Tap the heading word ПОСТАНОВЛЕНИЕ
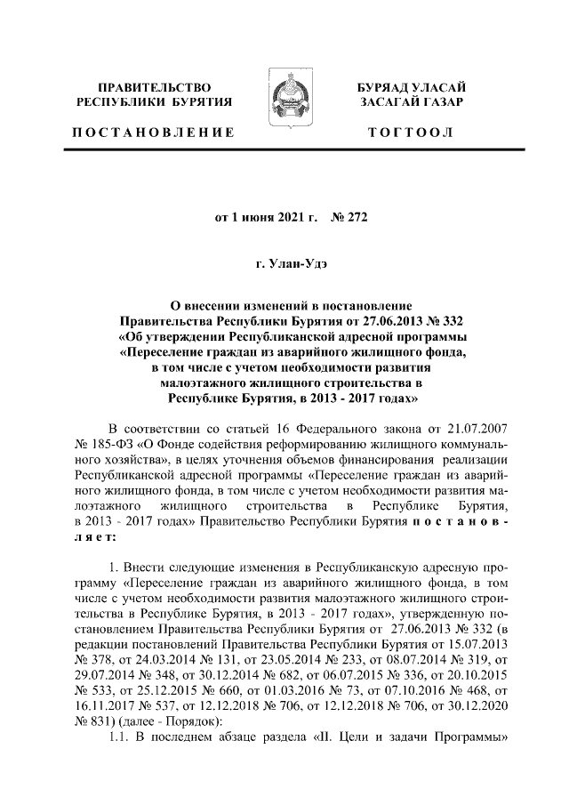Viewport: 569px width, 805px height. (x=155, y=133)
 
